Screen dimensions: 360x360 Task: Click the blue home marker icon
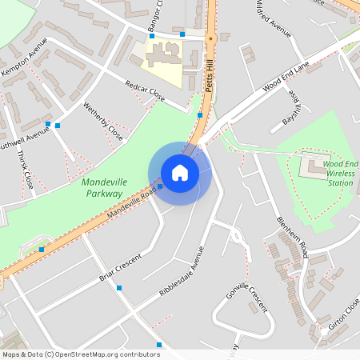click(180, 173)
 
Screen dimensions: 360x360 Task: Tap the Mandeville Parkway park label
click(102, 188)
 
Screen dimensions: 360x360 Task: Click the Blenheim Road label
click(292, 237)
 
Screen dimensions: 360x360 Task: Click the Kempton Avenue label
click(24, 62)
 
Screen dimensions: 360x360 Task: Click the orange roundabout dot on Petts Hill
click(210, 38)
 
